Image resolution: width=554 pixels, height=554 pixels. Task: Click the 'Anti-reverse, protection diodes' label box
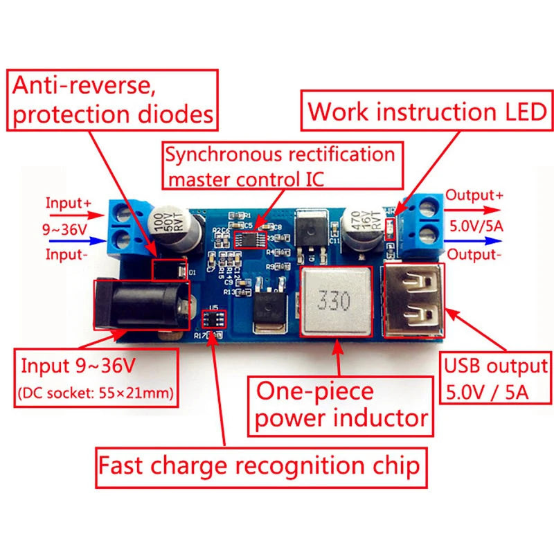point(114,99)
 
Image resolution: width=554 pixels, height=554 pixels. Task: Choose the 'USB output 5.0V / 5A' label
point(495,378)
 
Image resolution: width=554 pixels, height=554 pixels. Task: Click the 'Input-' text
point(66,254)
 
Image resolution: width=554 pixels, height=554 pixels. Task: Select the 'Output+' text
point(474,195)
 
